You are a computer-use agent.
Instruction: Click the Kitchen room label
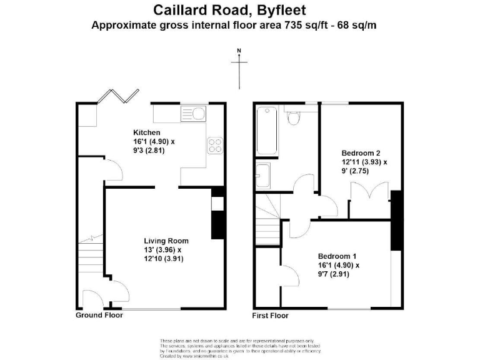tap(147, 132)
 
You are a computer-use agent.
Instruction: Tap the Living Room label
tap(166, 241)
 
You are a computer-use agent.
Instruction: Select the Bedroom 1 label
tap(337, 256)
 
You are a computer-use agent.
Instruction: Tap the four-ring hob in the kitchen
tap(215, 145)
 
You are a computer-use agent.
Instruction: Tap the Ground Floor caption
tap(99, 315)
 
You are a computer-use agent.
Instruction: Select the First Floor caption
tap(270, 316)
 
